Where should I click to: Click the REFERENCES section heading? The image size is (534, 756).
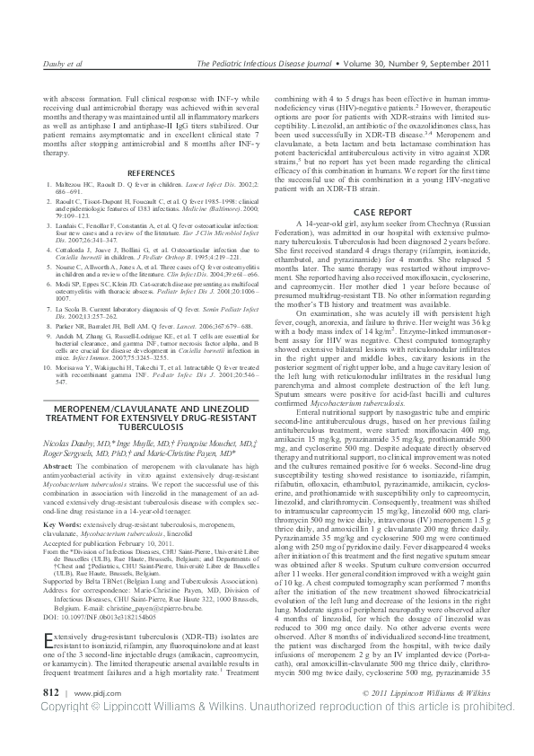coord(137,171)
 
